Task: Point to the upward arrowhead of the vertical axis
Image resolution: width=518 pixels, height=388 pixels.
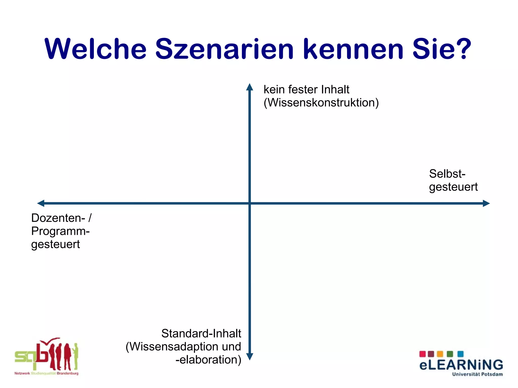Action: (x=250, y=87)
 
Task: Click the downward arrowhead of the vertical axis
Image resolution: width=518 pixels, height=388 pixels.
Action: (x=250, y=356)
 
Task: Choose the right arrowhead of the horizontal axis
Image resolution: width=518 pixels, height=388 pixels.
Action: (x=486, y=203)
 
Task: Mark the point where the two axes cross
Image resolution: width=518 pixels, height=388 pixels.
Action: (x=250, y=203)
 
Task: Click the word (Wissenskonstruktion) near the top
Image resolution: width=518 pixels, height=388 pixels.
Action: (x=321, y=103)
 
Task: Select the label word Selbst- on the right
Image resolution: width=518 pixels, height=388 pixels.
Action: (x=447, y=174)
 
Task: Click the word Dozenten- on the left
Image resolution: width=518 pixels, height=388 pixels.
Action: (x=58, y=218)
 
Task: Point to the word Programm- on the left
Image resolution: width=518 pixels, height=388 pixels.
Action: (x=60, y=231)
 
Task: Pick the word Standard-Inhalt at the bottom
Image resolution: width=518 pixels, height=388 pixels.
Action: (x=201, y=334)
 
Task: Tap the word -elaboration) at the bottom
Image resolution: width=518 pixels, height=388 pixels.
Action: (x=208, y=360)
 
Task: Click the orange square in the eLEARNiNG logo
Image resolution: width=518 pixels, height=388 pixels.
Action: (x=440, y=354)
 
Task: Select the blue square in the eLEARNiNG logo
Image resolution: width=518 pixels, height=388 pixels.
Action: (x=461, y=354)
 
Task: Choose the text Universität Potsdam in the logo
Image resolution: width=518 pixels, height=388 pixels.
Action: (x=477, y=374)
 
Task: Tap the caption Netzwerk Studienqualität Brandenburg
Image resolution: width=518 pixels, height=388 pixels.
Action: (x=47, y=373)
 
